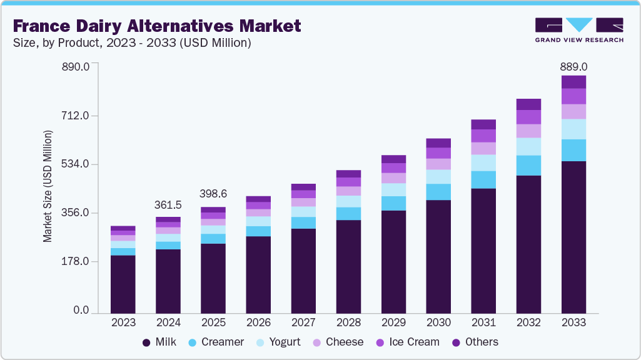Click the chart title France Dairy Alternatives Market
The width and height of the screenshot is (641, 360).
(x=156, y=26)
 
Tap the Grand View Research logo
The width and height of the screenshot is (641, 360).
(x=578, y=29)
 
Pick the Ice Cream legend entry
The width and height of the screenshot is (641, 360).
(x=407, y=342)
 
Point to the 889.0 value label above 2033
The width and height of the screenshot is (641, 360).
(x=573, y=66)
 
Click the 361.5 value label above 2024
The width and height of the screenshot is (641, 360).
(x=168, y=205)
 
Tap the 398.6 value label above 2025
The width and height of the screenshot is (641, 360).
(x=213, y=194)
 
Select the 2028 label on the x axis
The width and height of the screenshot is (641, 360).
(x=348, y=322)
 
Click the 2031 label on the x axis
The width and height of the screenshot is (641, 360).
(x=483, y=322)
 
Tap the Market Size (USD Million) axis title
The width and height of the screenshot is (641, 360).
(x=48, y=186)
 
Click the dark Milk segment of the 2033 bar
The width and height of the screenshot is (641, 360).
(x=573, y=237)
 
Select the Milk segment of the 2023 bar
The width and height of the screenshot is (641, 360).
(x=123, y=284)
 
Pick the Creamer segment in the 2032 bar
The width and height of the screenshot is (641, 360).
(x=528, y=166)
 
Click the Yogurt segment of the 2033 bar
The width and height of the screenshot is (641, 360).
(x=573, y=129)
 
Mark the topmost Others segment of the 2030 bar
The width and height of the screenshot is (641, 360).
(x=438, y=143)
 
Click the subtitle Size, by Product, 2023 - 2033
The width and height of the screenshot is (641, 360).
(x=132, y=42)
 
